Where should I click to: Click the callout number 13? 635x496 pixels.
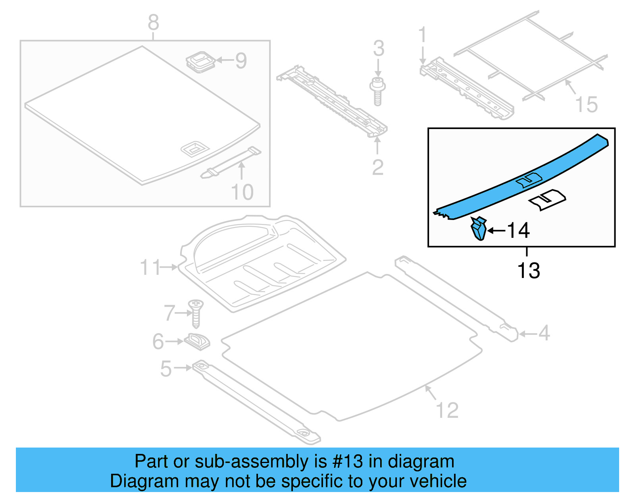pyautogui.click(x=528, y=271)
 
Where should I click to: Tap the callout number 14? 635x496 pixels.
pyautogui.click(x=518, y=231)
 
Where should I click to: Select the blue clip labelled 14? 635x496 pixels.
pyautogui.click(x=479, y=229)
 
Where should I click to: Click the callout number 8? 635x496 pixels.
pyautogui.click(x=153, y=23)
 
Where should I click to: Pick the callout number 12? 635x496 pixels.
pyautogui.click(x=447, y=410)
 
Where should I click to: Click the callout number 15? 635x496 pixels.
pyautogui.click(x=586, y=105)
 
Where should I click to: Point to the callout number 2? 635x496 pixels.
pyautogui.click(x=377, y=167)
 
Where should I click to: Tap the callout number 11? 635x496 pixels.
pyautogui.click(x=150, y=268)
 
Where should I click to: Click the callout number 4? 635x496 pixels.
pyautogui.click(x=544, y=333)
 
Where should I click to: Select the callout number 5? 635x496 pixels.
pyautogui.click(x=166, y=369)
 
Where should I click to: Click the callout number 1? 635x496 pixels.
pyautogui.click(x=422, y=35)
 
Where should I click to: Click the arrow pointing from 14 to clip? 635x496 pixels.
pyautogui.click(x=496, y=230)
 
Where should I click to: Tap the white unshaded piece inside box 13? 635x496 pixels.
pyautogui.click(x=547, y=199)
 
